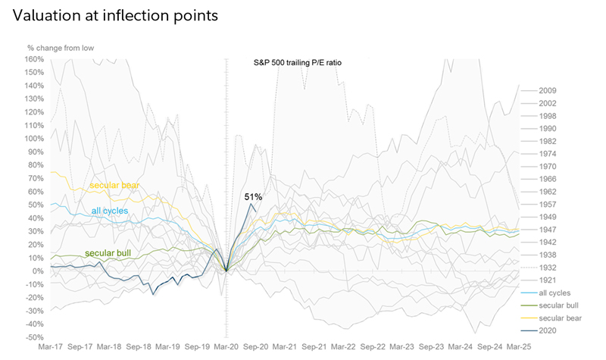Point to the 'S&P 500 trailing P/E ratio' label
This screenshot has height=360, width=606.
(298, 63)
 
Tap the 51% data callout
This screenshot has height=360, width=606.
(253, 197)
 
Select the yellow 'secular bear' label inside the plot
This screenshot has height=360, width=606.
(114, 185)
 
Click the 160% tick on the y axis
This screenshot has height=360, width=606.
(35, 59)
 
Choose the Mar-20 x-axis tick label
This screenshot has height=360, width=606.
(227, 346)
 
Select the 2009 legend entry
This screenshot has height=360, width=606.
(547, 91)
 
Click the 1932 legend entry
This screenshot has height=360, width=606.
(547, 267)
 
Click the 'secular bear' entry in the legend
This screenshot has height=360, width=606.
(559, 318)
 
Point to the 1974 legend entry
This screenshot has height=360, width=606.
(547, 153)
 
